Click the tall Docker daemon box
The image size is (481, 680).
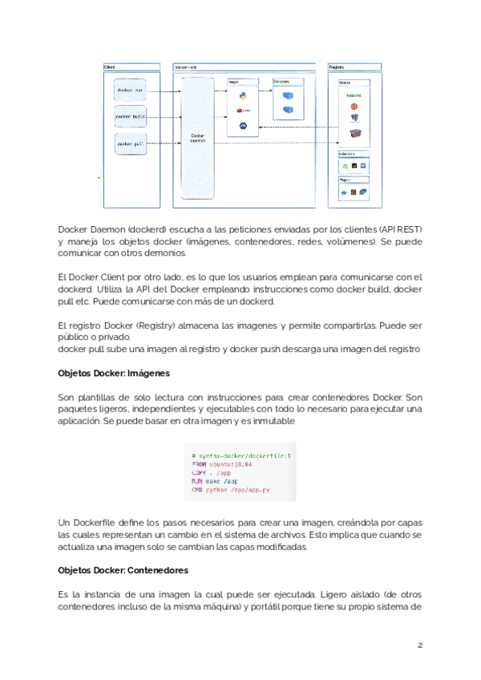click(197, 137)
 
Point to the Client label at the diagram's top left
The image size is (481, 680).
click(109, 67)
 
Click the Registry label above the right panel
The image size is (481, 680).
click(338, 67)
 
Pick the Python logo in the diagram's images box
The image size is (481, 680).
click(241, 95)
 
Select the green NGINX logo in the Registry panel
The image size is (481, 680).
click(353, 95)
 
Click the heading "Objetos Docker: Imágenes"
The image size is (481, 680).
click(113, 374)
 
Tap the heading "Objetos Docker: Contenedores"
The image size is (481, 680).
click(123, 570)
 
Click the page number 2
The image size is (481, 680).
click(419, 646)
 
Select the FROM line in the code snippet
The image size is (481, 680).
click(222, 463)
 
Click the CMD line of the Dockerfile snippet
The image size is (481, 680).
click(229, 488)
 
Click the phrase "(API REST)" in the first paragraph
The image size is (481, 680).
click(395, 229)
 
